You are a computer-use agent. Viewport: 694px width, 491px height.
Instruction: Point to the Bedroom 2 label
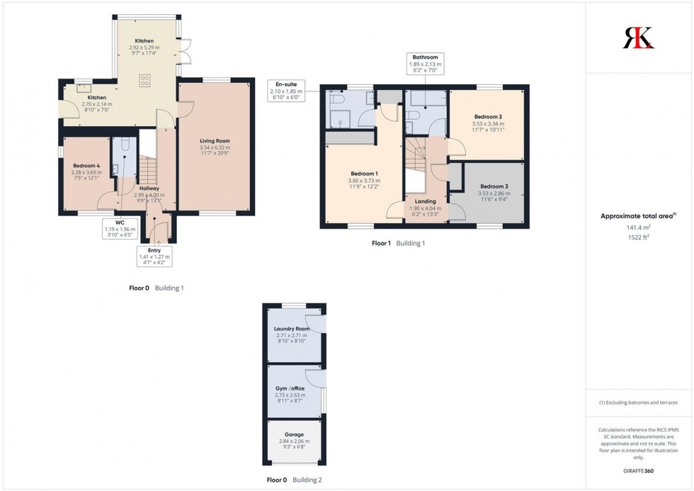click(488, 117)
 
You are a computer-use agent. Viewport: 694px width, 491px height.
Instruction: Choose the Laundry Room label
click(292, 329)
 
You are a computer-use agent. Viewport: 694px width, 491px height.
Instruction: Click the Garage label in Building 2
click(294, 434)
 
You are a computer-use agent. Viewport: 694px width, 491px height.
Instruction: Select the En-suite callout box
click(286, 90)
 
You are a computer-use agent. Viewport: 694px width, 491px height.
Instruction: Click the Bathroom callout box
click(425, 63)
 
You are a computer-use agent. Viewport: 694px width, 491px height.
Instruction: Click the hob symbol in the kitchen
click(145, 79)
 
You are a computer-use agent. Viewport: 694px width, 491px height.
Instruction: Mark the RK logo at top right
click(638, 37)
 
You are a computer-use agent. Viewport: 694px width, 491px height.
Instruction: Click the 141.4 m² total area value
click(638, 227)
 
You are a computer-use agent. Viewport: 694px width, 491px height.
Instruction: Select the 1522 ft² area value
click(638, 237)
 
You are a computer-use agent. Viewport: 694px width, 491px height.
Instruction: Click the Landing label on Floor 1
click(426, 201)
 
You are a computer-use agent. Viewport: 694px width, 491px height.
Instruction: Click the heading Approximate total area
click(638, 216)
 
